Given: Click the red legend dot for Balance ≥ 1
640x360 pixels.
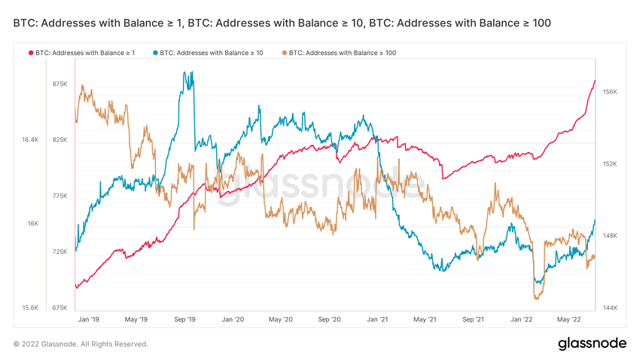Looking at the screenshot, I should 31,53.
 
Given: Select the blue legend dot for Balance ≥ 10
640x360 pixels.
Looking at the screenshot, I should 156,53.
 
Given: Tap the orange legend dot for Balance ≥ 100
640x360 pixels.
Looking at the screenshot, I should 284,53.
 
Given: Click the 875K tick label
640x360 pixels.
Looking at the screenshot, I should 59,84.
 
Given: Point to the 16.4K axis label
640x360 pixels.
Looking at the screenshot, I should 29,140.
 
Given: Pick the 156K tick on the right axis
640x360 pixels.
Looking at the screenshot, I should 610,92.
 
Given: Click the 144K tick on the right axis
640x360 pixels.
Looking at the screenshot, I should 610,308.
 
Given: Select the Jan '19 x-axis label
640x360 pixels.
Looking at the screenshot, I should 88,319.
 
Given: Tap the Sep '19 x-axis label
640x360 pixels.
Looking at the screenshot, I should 184,319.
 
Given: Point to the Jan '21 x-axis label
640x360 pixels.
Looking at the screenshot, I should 376,319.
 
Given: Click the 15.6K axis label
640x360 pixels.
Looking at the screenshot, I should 29,308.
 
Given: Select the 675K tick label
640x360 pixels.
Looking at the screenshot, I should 59,308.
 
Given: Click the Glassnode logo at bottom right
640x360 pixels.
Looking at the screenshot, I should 592,343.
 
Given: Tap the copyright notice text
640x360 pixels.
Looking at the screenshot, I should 81,344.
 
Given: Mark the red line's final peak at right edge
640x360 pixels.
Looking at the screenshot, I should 595,81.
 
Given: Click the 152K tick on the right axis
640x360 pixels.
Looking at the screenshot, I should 610,164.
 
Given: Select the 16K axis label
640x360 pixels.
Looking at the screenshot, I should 33,224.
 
